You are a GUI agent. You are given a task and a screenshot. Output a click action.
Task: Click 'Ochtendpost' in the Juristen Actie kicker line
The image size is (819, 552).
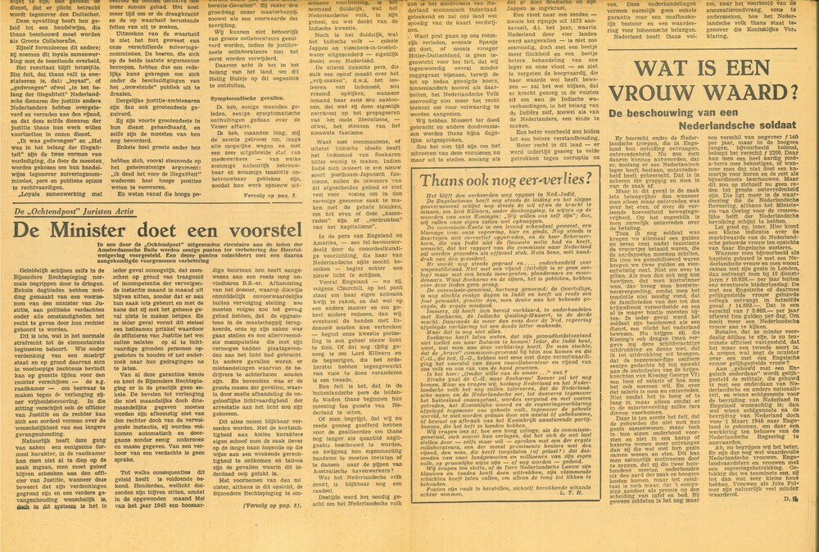coord(67,213)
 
